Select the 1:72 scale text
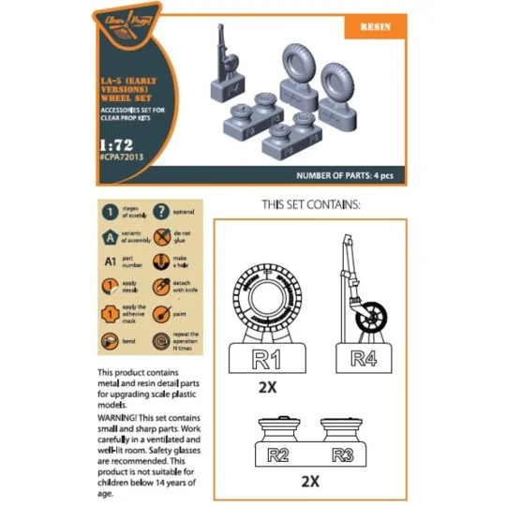click(x=118, y=148)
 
